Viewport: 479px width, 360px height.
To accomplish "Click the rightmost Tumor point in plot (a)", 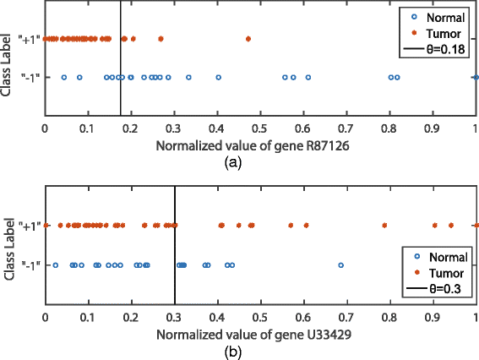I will [x=248, y=38].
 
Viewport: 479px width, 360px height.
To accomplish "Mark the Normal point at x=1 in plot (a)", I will [x=476, y=78].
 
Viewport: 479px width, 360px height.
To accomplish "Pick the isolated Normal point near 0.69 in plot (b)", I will [x=341, y=265].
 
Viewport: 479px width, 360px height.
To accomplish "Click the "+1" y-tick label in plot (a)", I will [x=29, y=38].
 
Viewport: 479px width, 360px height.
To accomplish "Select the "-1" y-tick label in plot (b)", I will [x=29, y=265].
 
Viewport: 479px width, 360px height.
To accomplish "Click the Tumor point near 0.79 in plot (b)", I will [x=384, y=226].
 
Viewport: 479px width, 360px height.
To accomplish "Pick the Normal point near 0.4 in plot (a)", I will [x=218, y=78].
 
